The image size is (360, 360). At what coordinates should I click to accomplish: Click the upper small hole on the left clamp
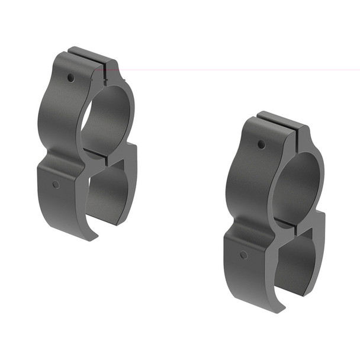70,78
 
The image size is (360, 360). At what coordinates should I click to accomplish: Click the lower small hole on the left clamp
56,185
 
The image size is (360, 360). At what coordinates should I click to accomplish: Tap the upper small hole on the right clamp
261,144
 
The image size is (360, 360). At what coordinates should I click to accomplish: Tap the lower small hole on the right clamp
243,255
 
